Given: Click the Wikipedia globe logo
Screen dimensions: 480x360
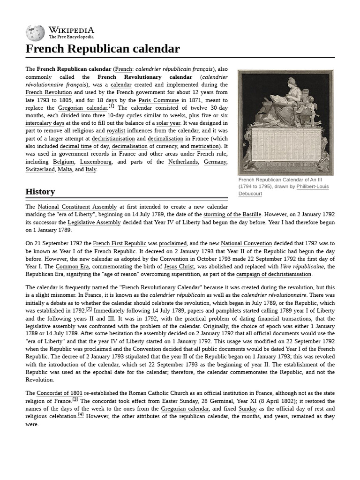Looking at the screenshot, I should click(35, 33).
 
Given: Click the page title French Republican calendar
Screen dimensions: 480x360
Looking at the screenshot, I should click(102, 49).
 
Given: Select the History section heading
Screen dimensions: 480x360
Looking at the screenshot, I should click(40, 192).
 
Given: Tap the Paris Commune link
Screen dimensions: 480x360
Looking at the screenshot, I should click(158, 100).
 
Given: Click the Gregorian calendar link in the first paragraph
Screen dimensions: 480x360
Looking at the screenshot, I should click(82, 108).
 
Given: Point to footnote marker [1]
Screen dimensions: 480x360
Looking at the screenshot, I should click(111, 106).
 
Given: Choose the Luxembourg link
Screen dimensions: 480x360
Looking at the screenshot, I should click(96, 162).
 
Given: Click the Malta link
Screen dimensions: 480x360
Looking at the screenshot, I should click(65, 170).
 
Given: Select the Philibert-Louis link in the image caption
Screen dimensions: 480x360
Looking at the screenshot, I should click(313, 187).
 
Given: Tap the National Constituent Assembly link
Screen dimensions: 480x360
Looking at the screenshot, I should click(77, 207).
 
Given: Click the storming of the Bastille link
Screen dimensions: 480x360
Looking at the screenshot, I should click(232, 215).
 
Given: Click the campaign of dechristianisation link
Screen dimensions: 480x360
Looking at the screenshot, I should click(274, 274).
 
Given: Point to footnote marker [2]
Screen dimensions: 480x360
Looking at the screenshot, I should click(89, 309).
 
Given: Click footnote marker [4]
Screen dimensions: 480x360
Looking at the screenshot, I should click(81, 415).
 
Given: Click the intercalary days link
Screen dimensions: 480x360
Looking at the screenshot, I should click(45, 123).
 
